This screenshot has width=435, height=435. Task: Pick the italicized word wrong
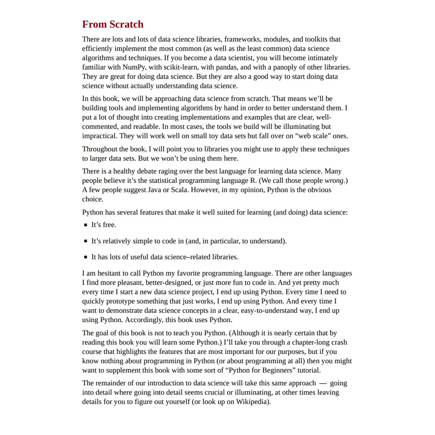[x=334, y=181]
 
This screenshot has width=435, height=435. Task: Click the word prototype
[x=121, y=301]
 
